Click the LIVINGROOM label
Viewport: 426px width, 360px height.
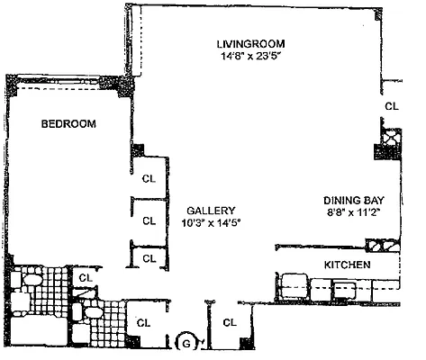pos(250,42)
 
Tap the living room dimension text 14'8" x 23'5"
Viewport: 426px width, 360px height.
pos(250,56)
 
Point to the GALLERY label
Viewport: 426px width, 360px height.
pos(213,207)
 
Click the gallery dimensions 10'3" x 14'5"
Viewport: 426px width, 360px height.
pos(213,220)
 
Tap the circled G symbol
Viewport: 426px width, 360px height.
pos(186,342)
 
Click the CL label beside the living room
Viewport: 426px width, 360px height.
pos(391,106)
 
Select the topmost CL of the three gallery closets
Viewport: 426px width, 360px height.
pos(150,178)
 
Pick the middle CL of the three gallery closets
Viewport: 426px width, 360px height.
pos(150,220)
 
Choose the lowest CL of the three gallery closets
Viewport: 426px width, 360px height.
pos(150,258)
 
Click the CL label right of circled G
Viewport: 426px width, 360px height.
pos(229,321)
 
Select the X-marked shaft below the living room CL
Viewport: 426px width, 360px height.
pos(391,138)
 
